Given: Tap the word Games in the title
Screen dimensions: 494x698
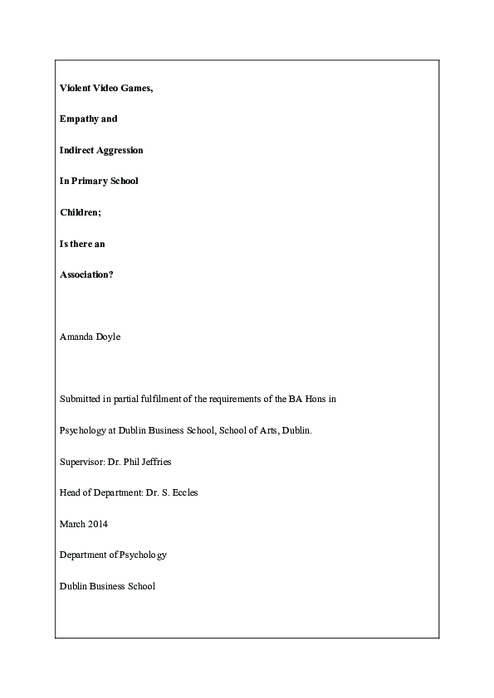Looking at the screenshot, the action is pyautogui.click(x=137, y=87).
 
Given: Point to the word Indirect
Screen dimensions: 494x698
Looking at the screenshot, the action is pyautogui.click(x=77, y=150).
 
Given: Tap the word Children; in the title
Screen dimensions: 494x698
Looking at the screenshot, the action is pyautogui.click(x=80, y=213).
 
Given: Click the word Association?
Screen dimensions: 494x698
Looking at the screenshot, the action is pyautogui.click(x=86, y=275).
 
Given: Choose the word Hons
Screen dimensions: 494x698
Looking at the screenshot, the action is pyautogui.click(x=314, y=400).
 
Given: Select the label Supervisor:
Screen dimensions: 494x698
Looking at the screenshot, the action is pyautogui.click(x=81, y=462).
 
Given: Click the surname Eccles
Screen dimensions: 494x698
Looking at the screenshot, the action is pyautogui.click(x=184, y=492).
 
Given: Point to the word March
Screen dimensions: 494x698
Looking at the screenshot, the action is pyautogui.click(x=71, y=524).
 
